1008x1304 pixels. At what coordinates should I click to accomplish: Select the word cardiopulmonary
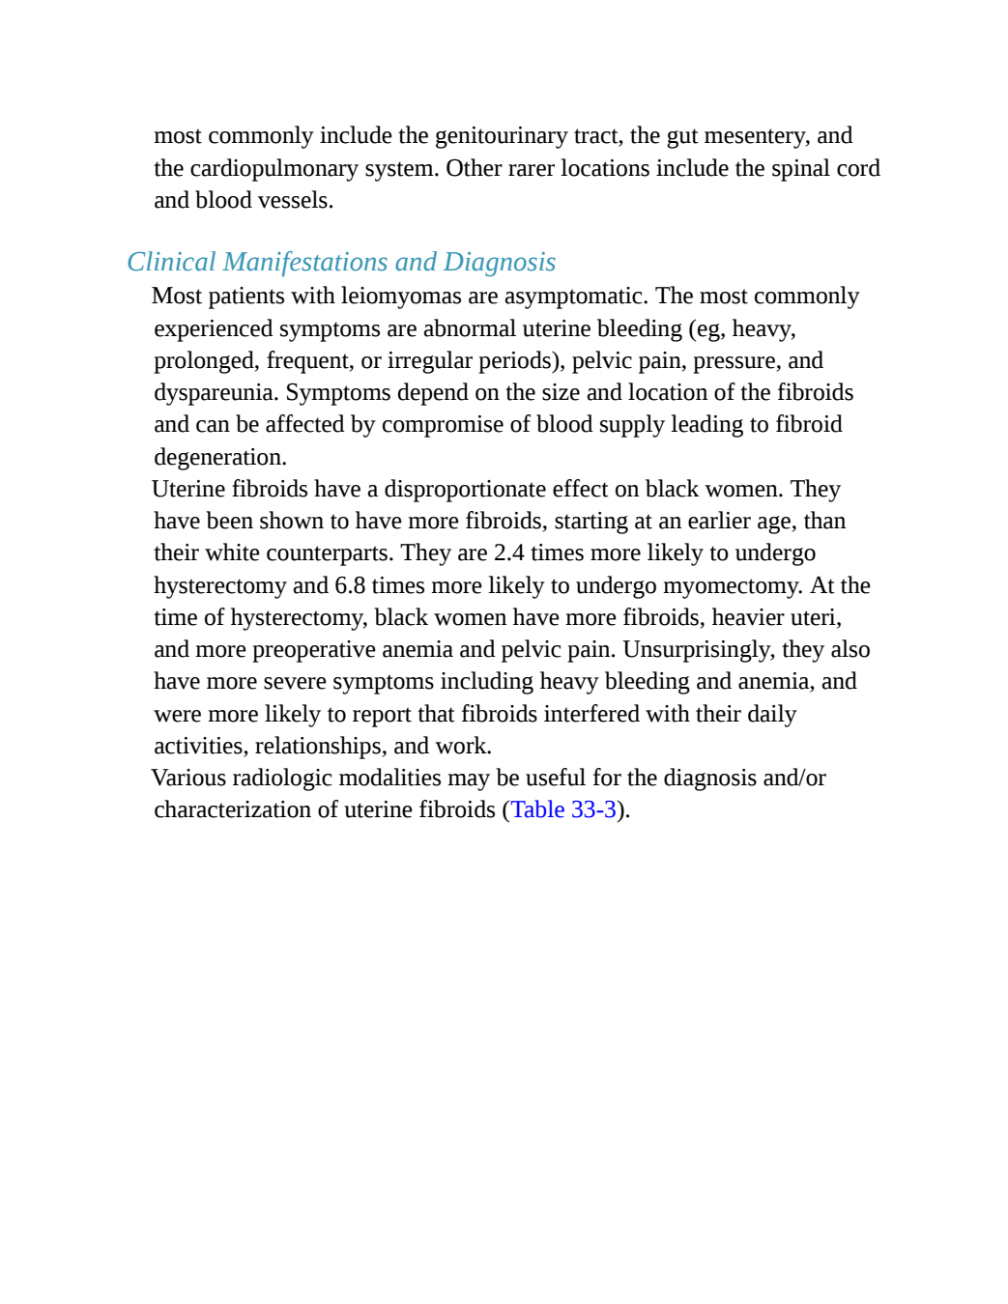coord(274,169)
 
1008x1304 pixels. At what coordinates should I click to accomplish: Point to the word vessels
coord(296,201)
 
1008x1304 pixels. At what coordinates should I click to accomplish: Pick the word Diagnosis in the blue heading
coord(500,263)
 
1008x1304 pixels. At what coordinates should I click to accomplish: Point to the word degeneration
coord(220,458)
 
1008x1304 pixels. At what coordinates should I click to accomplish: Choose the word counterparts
coord(330,553)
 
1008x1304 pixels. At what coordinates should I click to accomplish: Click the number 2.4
coord(509,553)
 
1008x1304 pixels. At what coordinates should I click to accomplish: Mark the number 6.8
coord(350,585)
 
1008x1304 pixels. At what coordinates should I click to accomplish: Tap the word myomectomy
coord(733,586)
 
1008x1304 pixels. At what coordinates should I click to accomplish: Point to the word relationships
coord(321,747)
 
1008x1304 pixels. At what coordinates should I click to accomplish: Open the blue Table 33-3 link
coord(563,810)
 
